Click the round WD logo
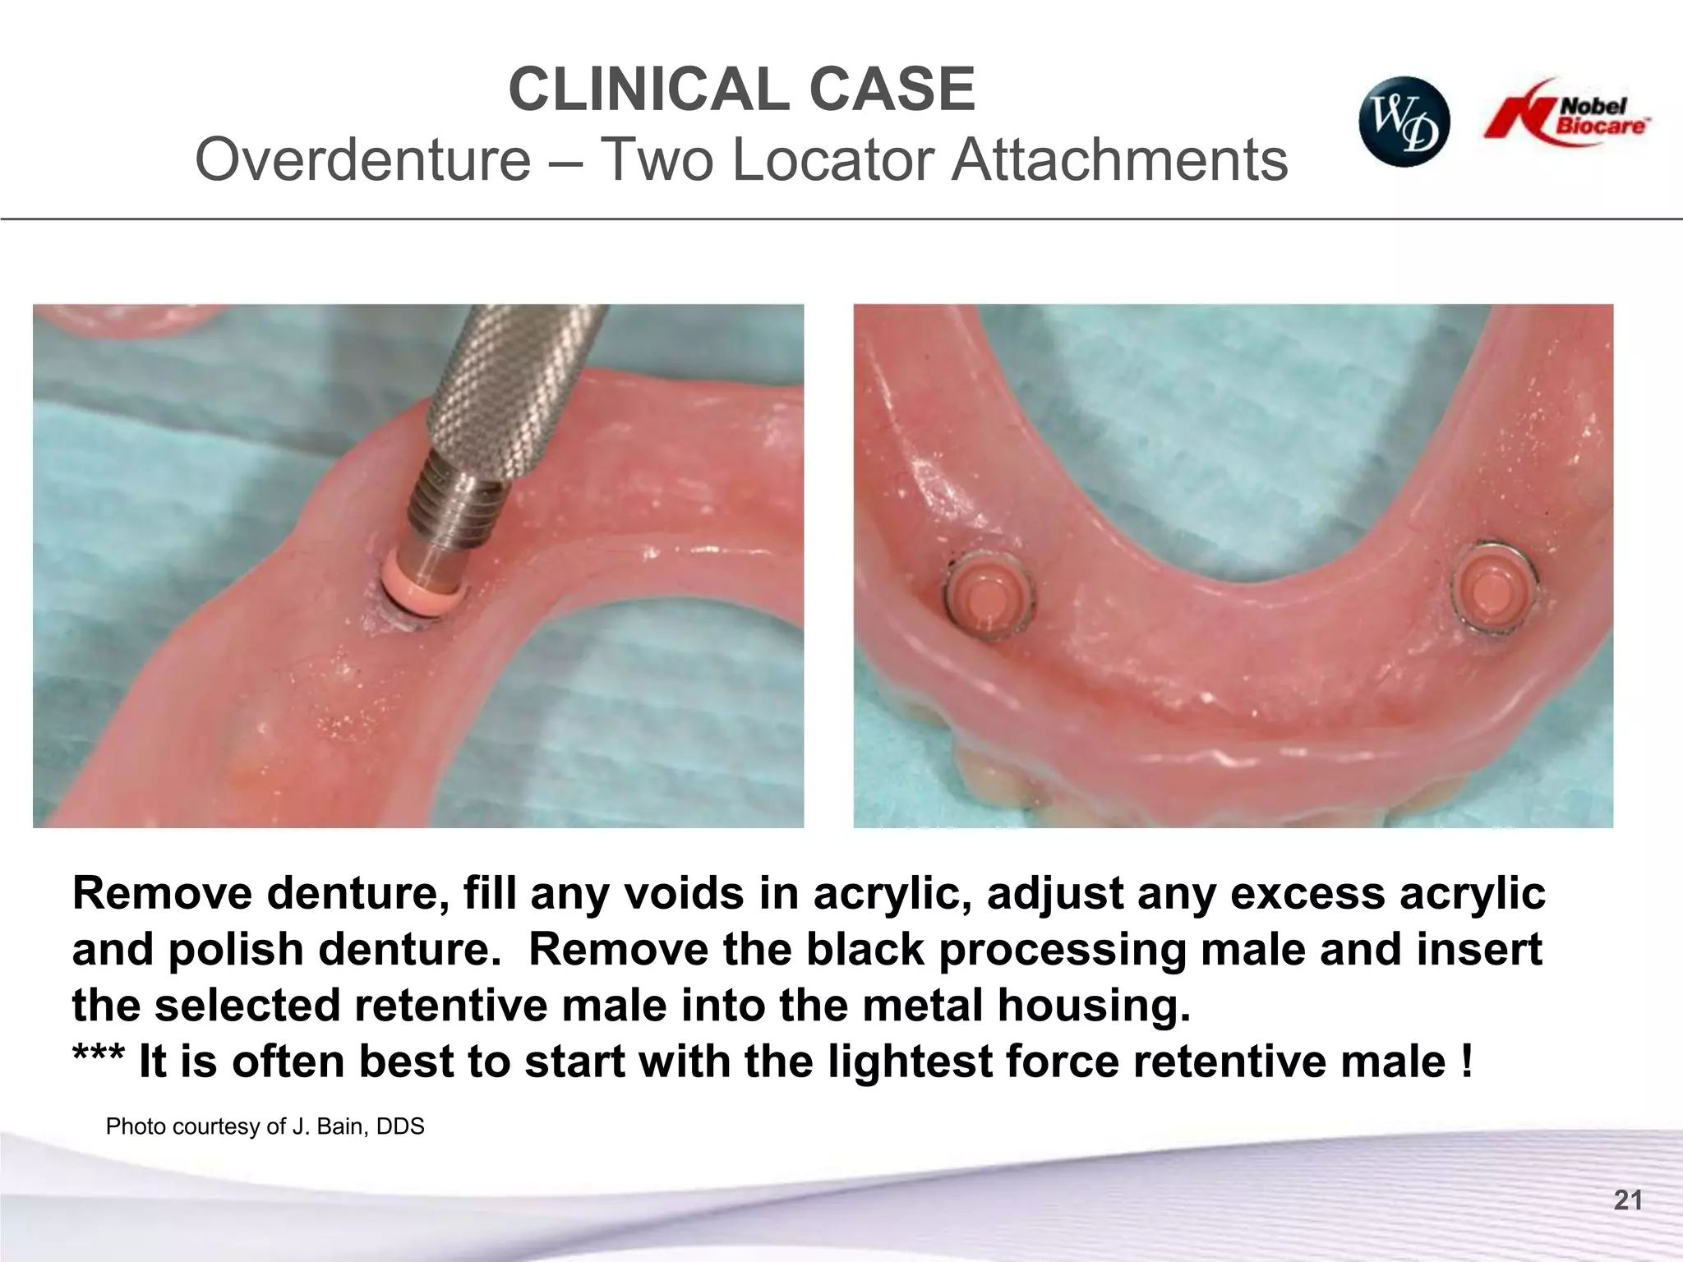coord(1404,122)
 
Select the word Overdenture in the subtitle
coord(362,159)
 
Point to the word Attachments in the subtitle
coord(1119,159)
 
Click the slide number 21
coord(1627,1200)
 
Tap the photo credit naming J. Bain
coord(265,1126)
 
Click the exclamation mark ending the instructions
coord(1467,1062)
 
